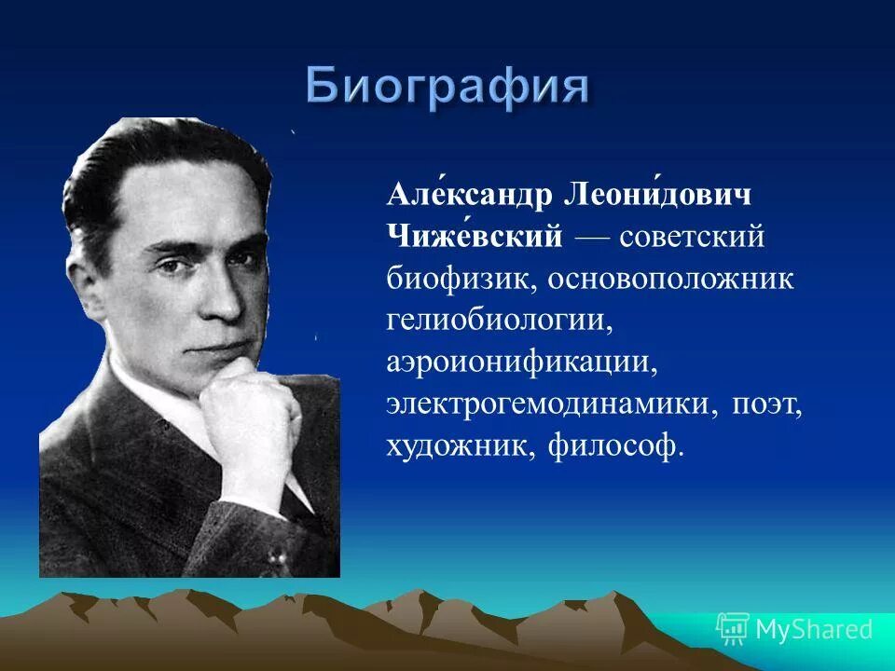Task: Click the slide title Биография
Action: tap(447, 88)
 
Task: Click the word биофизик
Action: tap(461, 279)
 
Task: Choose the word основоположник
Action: tap(670, 279)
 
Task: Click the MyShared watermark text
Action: tap(814, 629)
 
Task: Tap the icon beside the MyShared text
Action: tap(733, 629)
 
